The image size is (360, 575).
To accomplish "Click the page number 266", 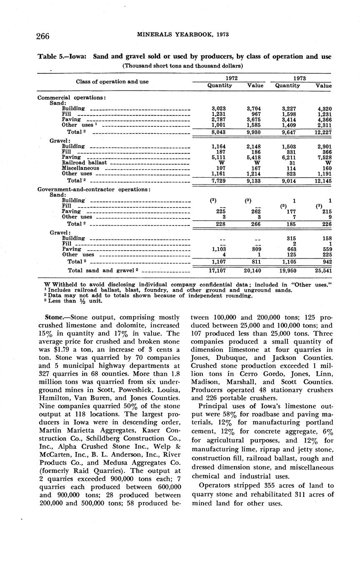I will click(43, 36).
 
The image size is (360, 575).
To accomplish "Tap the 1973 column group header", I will click(300, 78).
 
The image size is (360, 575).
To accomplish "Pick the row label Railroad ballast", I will click(84, 163).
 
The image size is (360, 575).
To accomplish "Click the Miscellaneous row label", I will click(81, 168).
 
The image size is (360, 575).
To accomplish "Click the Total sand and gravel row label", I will click(101, 270).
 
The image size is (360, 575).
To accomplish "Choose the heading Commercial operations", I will click(71, 98).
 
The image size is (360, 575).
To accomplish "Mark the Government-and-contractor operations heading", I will click(93, 189).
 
